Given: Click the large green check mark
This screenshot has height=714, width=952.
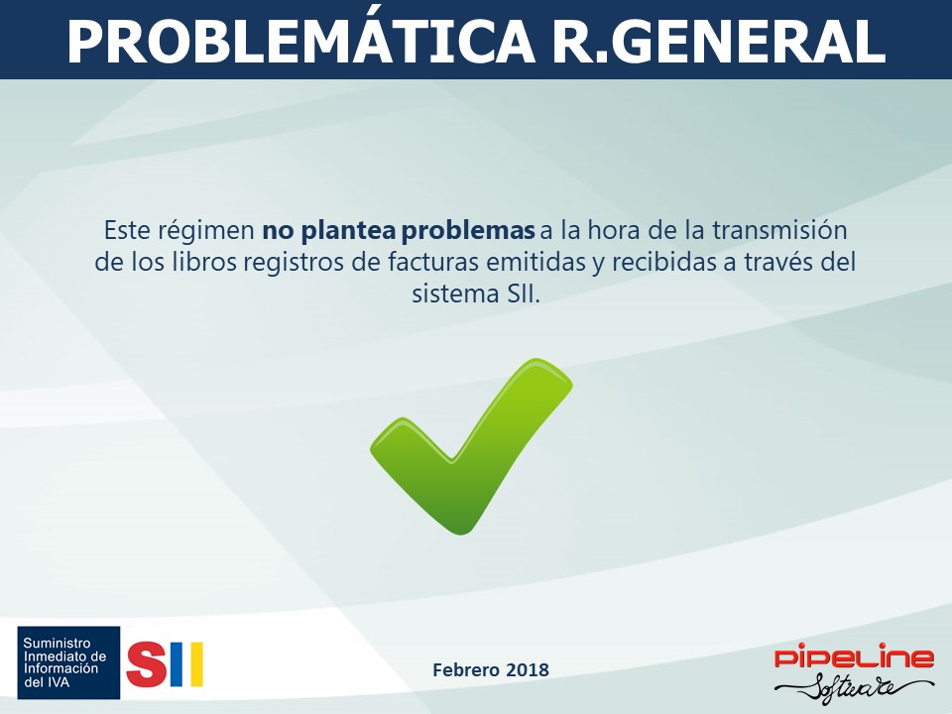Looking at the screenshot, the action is pyautogui.click(x=471, y=446).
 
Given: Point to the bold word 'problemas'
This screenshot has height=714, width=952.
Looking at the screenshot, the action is pyautogui.click(x=468, y=231).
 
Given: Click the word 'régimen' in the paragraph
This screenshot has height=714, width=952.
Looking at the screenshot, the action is pyautogui.click(x=206, y=232).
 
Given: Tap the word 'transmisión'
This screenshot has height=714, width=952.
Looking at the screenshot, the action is pyautogui.click(x=779, y=231).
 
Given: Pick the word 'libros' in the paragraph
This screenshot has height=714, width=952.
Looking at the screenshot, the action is pyautogui.click(x=203, y=262).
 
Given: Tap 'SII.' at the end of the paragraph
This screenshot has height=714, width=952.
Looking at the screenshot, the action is pyautogui.click(x=523, y=294).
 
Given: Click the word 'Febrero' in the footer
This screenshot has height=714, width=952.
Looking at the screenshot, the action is pyautogui.click(x=466, y=670).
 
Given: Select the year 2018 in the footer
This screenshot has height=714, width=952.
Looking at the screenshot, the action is pyautogui.click(x=528, y=670).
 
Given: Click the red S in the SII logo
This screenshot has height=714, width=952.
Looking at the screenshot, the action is pyautogui.click(x=146, y=664).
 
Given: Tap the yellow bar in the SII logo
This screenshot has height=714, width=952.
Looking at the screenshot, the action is pyautogui.click(x=196, y=664).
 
